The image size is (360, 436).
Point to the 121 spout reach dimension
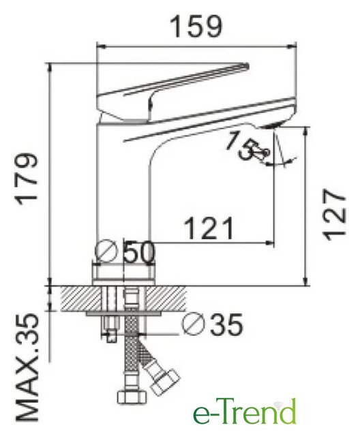(209, 229)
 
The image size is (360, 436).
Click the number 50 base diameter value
(139, 251)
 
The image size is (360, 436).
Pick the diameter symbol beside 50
(106, 251)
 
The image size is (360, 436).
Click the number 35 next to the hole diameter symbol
(226, 324)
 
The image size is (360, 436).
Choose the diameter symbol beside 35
(194, 324)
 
